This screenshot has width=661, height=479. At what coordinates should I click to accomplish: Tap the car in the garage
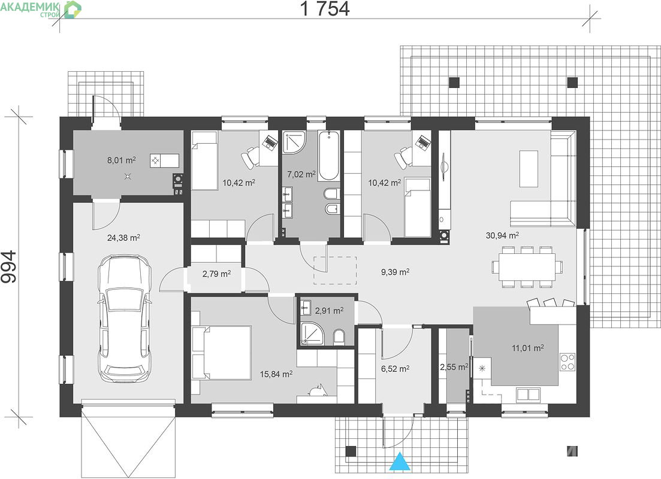pos(125,319)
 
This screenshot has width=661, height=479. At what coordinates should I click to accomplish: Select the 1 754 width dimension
pos(325,9)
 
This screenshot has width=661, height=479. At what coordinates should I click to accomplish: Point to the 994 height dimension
pos(8,266)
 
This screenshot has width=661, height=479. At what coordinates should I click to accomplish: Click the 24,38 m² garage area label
pos(123,238)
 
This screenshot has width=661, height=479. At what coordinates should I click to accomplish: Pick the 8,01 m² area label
pos(122,160)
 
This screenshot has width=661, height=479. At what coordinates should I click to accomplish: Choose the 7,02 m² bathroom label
pos(301,174)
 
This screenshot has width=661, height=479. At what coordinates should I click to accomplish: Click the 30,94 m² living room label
pos(502,235)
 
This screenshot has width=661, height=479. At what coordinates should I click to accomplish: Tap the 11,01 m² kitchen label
pos(527,348)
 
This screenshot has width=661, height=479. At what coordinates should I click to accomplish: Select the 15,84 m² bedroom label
pos(276,374)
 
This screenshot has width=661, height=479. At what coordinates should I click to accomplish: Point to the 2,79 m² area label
pos(216,274)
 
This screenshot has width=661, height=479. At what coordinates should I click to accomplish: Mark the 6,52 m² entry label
pos(395,369)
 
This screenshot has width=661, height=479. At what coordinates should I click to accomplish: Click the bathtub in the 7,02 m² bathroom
pos(328,156)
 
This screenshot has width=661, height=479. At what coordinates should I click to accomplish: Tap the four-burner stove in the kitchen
pos(568,361)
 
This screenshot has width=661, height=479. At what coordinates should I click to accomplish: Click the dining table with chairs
pos(527,267)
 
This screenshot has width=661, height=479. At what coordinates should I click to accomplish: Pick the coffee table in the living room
pos(529,168)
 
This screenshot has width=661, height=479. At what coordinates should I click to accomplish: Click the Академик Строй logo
pos(41,9)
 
